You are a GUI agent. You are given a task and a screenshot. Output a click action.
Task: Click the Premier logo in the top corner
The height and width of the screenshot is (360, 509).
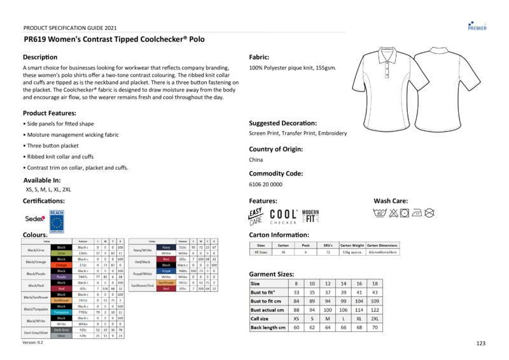pyautogui.click(x=477, y=24)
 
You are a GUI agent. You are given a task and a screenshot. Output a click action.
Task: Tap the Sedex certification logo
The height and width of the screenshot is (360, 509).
pyautogui.click(x=34, y=218)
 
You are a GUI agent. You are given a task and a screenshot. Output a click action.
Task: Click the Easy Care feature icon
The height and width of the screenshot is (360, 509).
pyautogui.click(x=255, y=216)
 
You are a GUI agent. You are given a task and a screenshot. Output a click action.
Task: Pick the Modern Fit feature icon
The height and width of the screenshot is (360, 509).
pyautogui.click(x=310, y=216)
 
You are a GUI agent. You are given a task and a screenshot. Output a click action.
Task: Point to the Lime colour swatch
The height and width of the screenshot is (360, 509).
pyautogui.click(x=62, y=253)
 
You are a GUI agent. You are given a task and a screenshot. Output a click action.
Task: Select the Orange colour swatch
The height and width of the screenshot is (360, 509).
pyautogui.click(x=62, y=265)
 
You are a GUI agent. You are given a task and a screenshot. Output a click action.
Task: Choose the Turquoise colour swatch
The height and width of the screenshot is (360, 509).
pyautogui.click(x=62, y=312)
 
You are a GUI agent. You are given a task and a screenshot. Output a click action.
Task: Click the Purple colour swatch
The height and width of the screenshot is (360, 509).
pyautogui.click(x=62, y=277)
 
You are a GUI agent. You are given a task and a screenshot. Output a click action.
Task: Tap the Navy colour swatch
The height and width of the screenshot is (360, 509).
pyautogui.click(x=166, y=247)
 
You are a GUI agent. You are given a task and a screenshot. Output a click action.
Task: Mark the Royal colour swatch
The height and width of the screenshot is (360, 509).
pyautogui.click(x=166, y=271)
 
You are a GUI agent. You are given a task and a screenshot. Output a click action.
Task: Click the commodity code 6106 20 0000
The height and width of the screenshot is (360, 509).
pyautogui.click(x=266, y=184)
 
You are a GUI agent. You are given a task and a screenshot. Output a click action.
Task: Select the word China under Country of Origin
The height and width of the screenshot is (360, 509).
pyautogui.click(x=256, y=160)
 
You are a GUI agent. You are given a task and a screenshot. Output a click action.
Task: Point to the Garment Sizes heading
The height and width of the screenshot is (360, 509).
pyautogui.click(x=274, y=273)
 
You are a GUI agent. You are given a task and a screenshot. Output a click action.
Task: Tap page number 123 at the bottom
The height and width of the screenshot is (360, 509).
pyautogui.click(x=481, y=343)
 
